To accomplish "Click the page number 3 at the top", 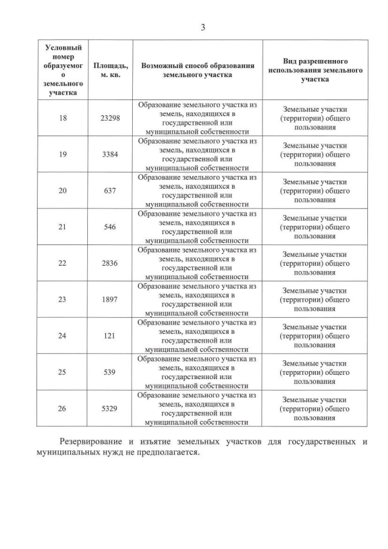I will coord(202,27).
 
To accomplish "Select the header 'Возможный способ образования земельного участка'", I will coord(198,69).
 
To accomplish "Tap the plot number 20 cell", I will coord(63,190).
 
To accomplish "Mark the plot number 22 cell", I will coord(63,263).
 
